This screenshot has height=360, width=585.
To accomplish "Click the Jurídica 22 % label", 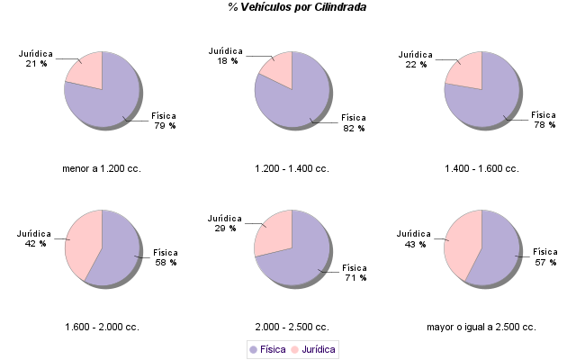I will [414, 59].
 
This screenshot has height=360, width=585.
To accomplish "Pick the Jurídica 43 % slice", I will [463, 243].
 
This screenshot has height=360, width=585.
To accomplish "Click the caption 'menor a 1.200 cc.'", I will [102, 168].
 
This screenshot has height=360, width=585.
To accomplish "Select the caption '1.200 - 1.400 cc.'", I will [292, 168].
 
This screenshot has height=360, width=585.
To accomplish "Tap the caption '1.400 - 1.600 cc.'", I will [481, 168].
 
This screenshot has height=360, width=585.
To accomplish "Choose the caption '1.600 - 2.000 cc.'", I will [102, 327].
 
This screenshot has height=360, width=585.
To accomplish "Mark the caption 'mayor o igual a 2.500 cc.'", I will [481, 327].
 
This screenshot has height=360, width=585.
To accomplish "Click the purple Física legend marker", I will [253, 348].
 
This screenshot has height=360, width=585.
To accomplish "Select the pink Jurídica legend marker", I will [294, 348].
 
